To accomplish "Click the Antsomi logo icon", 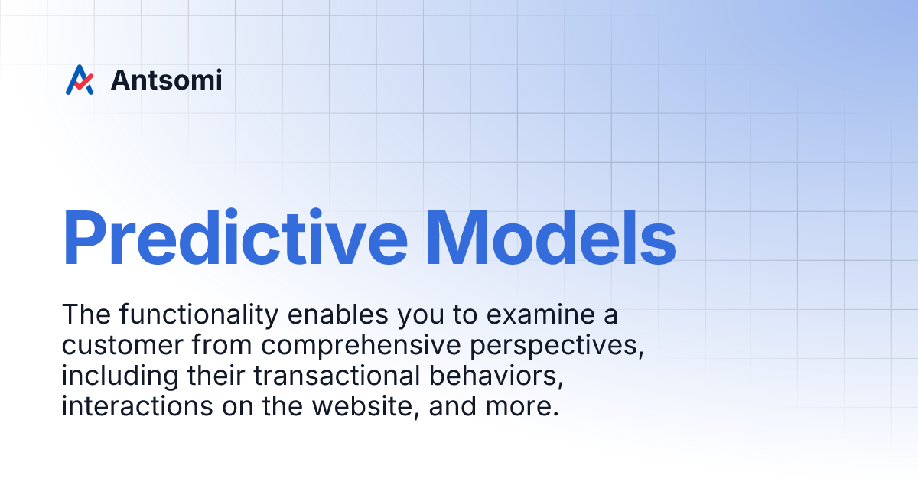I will click(x=80, y=80).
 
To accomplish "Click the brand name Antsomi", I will click(x=166, y=80).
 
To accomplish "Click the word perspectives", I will click(x=554, y=346).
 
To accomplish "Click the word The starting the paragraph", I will click(x=83, y=315).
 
